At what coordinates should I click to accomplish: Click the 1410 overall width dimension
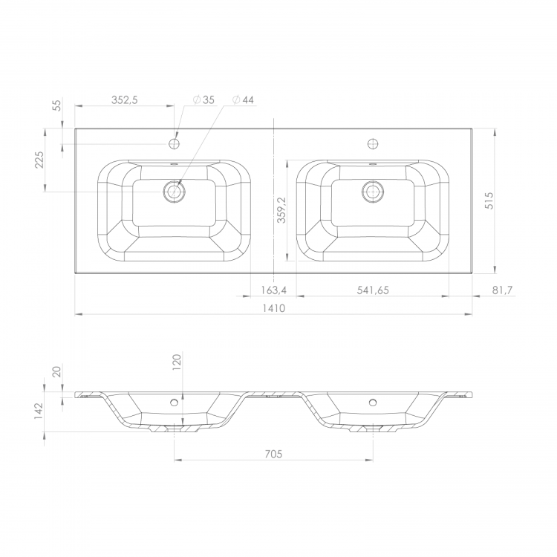point(273,308)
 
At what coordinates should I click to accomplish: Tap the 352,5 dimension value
point(124,100)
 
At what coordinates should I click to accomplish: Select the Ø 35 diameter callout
point(204,100)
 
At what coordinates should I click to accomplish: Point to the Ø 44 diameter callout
point(243,100)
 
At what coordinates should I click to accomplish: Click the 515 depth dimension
point(489,201)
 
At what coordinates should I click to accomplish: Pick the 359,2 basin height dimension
point(281,210)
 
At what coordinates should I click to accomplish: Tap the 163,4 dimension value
point(273,290)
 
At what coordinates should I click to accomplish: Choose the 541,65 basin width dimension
point(373,290)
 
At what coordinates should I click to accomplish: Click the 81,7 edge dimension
point(502,290)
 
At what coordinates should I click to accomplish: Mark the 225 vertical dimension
point(39,160)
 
